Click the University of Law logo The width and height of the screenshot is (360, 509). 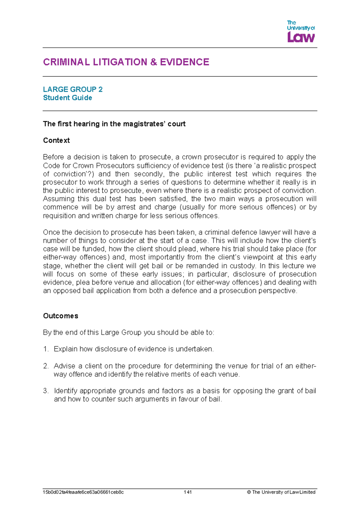point(301,32)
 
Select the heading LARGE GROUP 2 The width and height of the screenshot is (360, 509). point(73,89)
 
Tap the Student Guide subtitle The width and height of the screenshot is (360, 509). point(67,98)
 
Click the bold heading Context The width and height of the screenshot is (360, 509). point(56,140)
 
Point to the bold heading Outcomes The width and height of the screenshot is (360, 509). point(61,316)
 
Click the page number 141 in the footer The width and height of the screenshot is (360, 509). point(188,492)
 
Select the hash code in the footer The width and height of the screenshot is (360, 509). point(83,492)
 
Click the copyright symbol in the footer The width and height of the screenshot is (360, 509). point(249,492)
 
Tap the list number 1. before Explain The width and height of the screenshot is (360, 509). point(46,349)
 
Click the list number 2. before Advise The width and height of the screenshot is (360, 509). point(46,366)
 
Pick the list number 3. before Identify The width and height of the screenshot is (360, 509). point(46,391)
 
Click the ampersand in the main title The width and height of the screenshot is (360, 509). point(154,62)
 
